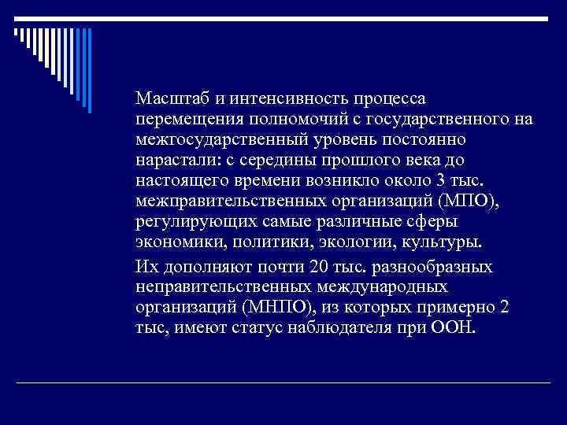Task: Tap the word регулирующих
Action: (189, 221)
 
